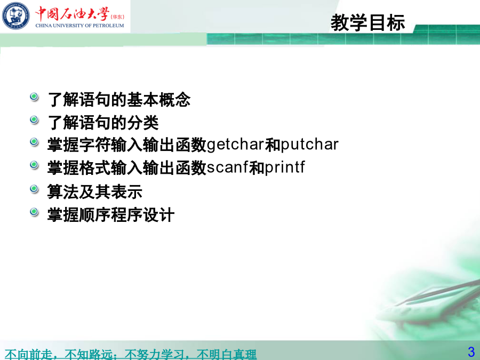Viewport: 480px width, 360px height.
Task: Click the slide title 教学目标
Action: tap(367, 22)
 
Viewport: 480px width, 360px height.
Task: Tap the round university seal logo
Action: tap(16, 15)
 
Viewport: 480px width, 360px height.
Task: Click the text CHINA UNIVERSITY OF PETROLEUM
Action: tap(79, 26)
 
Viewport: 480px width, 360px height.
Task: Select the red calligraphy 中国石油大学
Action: tap(72, 14)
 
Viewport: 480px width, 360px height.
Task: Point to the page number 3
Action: tap(471, 351)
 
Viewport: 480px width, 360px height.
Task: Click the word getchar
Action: tap(235, 145)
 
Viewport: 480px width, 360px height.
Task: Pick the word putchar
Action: tap(309, 145)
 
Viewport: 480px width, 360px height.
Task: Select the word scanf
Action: tap(227, 167)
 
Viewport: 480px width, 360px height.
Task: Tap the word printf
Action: tap(285, 167)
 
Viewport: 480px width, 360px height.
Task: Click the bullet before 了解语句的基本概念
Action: tap(34, 97)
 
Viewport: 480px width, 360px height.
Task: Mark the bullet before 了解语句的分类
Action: tap(34, 119)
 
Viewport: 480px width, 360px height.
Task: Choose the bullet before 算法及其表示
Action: tap(34, 189)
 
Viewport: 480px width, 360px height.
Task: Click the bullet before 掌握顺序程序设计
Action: tap(34, 212)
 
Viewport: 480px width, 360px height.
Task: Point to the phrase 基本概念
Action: tap(158, 100)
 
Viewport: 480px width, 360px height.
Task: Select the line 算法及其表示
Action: tap(95, 191)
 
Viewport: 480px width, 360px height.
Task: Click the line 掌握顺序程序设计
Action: tap(111, 214)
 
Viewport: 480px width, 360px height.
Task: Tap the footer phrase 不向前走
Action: tap(28, 355)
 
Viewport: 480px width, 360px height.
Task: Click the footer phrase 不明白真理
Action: tap(227, 355)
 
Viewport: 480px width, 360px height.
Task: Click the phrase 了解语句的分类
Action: tap(103, 123)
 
